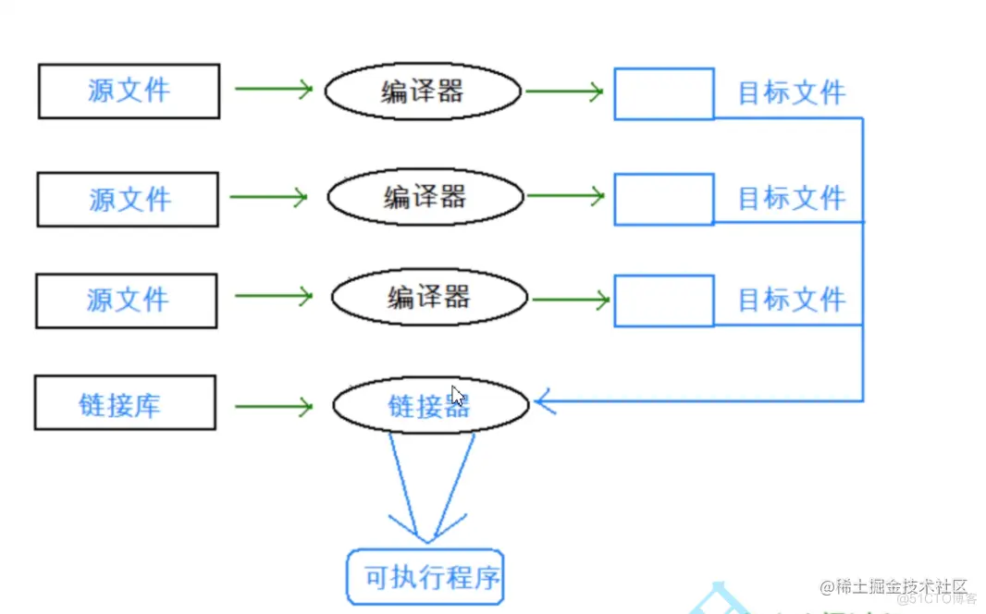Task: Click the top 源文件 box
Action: tap(129, 91)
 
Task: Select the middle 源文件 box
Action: tap(128, 199)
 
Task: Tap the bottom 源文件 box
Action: tap(127, 301)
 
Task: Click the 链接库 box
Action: tap(125, 403)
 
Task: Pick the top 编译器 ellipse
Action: tap(423, 91)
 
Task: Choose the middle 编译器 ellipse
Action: tap(425, 196)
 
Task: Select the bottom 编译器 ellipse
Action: tap(429, 297)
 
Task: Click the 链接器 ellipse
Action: tap(430, 405)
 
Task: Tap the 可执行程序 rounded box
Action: tap(425, 578)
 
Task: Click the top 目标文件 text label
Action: tap(791, 92)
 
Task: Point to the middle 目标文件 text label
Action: tap(791, 198)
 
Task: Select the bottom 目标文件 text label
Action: tap(791, 300)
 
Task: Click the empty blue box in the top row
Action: tap(664, 93)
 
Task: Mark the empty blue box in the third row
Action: tap(664, 301)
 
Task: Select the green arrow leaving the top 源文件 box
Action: tap(274, 89)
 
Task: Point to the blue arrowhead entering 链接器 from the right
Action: tap(545, 401)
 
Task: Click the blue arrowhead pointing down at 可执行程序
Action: tap(425, 531)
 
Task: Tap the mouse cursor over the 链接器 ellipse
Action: tap(458, 396)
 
